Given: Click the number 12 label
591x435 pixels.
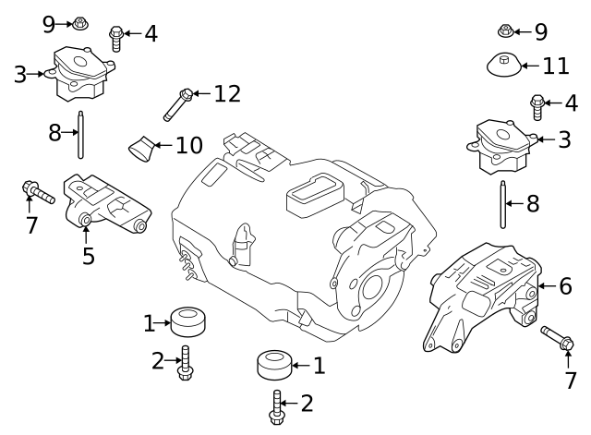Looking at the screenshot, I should tap(226, 93).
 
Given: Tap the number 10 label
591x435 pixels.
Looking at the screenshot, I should tap(188, 145).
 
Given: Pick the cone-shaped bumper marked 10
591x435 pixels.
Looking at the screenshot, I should tap(142, 147).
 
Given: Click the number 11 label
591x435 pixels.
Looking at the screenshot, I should tap(556, 66).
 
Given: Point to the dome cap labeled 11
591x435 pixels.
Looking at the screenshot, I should tap(503, 66).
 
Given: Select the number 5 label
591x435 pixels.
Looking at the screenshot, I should tap(88, 255).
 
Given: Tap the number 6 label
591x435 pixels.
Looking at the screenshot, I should tap(565, 286).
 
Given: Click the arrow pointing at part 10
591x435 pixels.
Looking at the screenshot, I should tap(163, 145).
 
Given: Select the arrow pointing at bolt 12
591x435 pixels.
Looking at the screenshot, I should tap(202, 93).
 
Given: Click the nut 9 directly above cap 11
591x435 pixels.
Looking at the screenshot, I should tap(505, 31).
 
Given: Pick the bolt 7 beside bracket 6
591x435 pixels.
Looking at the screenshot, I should tap(558, 337).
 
